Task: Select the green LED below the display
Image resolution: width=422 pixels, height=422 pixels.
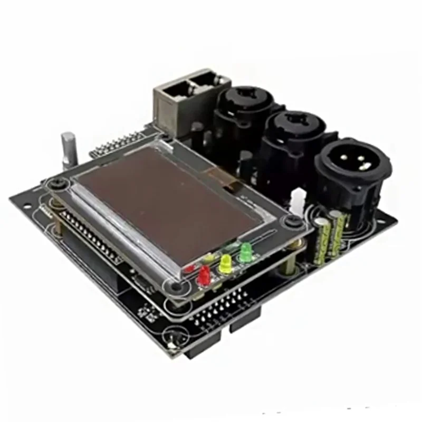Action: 246,252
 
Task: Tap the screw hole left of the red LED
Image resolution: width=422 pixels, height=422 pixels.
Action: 175,288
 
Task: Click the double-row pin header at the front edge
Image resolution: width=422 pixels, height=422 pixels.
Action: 222,311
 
